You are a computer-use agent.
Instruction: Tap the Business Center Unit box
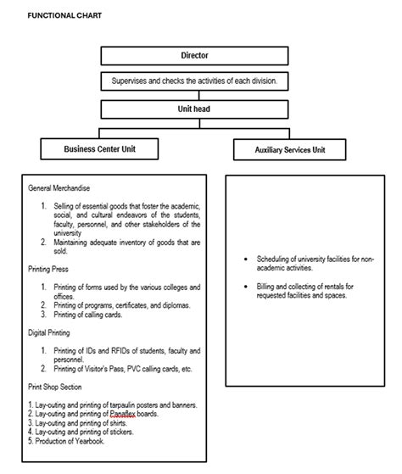[x=99, y=149]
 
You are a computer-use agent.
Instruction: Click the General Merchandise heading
[x=59, y=187]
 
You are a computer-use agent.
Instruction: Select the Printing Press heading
[x=50, y=269]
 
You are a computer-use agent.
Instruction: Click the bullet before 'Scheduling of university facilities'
[x=245, y=258]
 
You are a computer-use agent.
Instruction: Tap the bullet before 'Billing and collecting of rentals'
[x=245, y=287]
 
